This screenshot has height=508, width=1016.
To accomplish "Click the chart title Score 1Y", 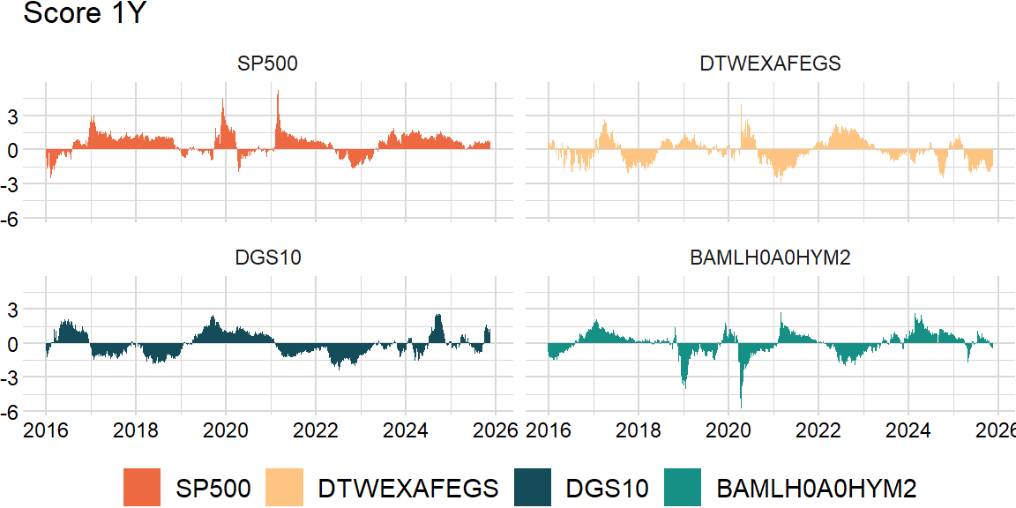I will pos(78,14).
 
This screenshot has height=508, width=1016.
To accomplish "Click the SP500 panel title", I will pos(267,63).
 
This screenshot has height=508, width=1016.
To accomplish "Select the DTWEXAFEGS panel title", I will pos(769,63).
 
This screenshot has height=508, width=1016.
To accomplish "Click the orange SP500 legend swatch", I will pos(142,488).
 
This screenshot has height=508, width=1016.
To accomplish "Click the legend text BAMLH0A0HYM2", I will pos(817,488).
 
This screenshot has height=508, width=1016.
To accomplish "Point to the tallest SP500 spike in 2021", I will pos(278,92).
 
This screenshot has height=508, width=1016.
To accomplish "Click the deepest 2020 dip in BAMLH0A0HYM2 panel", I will pos(741,406).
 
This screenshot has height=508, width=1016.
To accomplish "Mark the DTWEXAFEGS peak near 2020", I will pos(741,105).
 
